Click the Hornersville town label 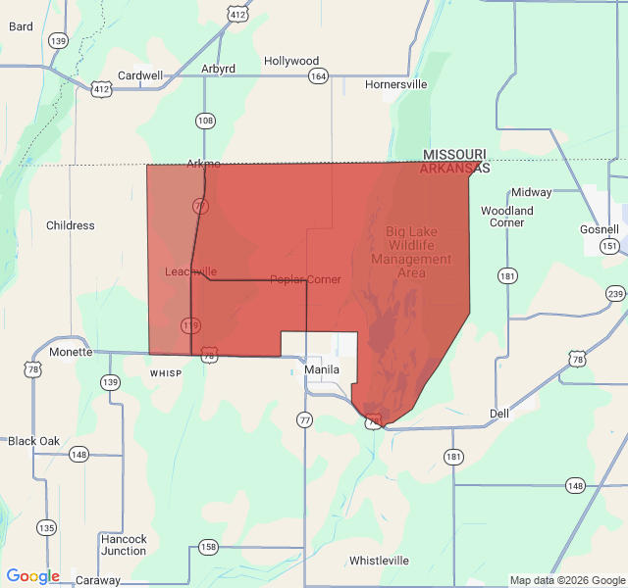tap(395, 84)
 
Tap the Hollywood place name tap(291, 61)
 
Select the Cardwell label tap(140, 75)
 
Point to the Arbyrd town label tap(218, 69)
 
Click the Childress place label tap(71, 225)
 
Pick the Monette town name tap(71, 352)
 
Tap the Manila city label tap(322, 370)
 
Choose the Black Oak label tap(34, 441)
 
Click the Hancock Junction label tap(124, 545)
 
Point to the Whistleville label tap(379, 561)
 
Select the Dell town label tap(499, 414)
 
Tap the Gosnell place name tap(600, 228)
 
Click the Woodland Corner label tap(507, 217)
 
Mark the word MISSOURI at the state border tap(454, 155)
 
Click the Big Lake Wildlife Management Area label tap(411, 252)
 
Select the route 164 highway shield tap(318, 76)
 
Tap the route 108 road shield tap(204, 121)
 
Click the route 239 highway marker tap(615, 294)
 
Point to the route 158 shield tap(208, 547)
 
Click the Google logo tap(32, 577)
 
